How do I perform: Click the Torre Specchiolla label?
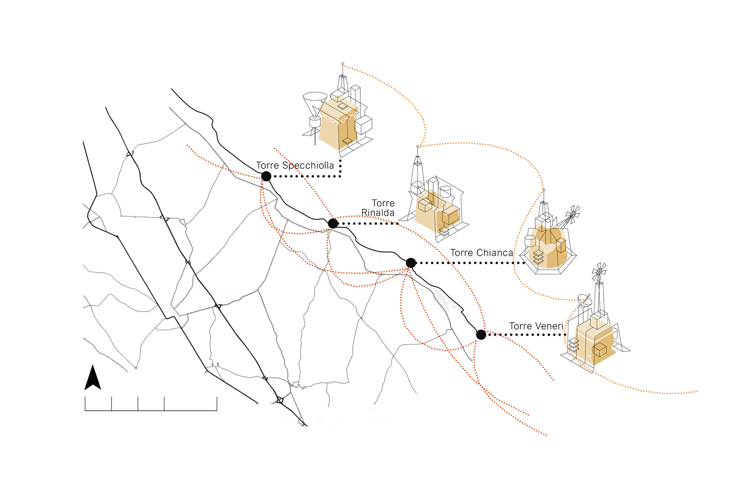294,165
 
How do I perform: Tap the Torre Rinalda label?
378,208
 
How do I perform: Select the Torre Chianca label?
481,253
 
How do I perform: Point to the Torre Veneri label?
536,326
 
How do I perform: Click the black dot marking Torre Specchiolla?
266,176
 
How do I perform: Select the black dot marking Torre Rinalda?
333,223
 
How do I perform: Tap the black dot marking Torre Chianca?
411,263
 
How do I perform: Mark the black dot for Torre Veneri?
481,335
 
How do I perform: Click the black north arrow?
92,378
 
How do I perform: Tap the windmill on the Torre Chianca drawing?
573,215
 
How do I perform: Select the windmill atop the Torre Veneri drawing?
599,272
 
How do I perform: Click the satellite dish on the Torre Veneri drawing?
585,299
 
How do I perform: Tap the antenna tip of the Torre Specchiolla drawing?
343,63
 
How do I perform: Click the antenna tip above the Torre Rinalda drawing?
417,146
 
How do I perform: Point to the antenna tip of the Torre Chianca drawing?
544,190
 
